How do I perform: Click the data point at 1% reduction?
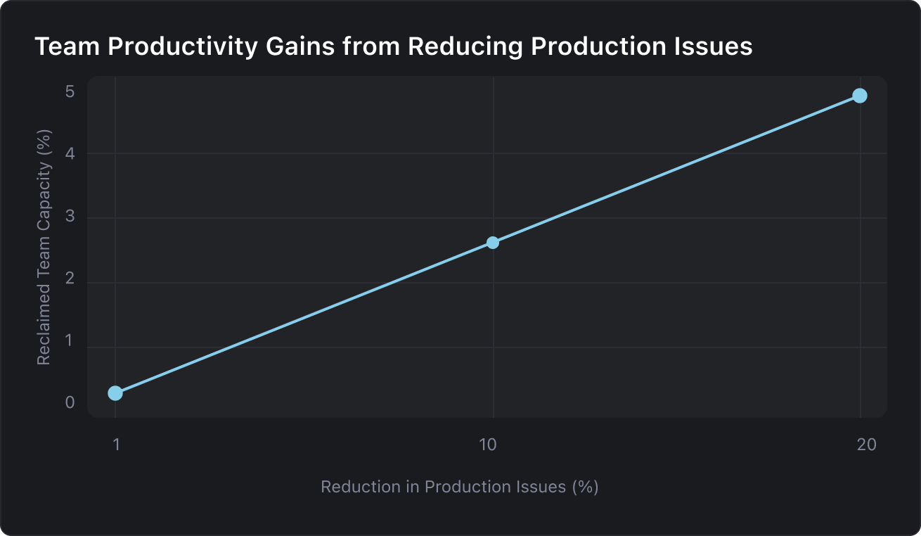[115, 393]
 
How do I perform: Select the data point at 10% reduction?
[493, 243]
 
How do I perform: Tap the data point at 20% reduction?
[859, 96]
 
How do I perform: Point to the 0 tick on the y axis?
[70, 403]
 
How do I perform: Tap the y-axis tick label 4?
[70, 153]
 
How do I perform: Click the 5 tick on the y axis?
[70, 92]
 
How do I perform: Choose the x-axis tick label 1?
[117, 445]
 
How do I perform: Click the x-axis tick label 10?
[487, 445]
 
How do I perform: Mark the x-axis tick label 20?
[866, 445]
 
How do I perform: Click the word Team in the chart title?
[60, 47]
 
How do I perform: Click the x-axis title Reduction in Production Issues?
[459, 487]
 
